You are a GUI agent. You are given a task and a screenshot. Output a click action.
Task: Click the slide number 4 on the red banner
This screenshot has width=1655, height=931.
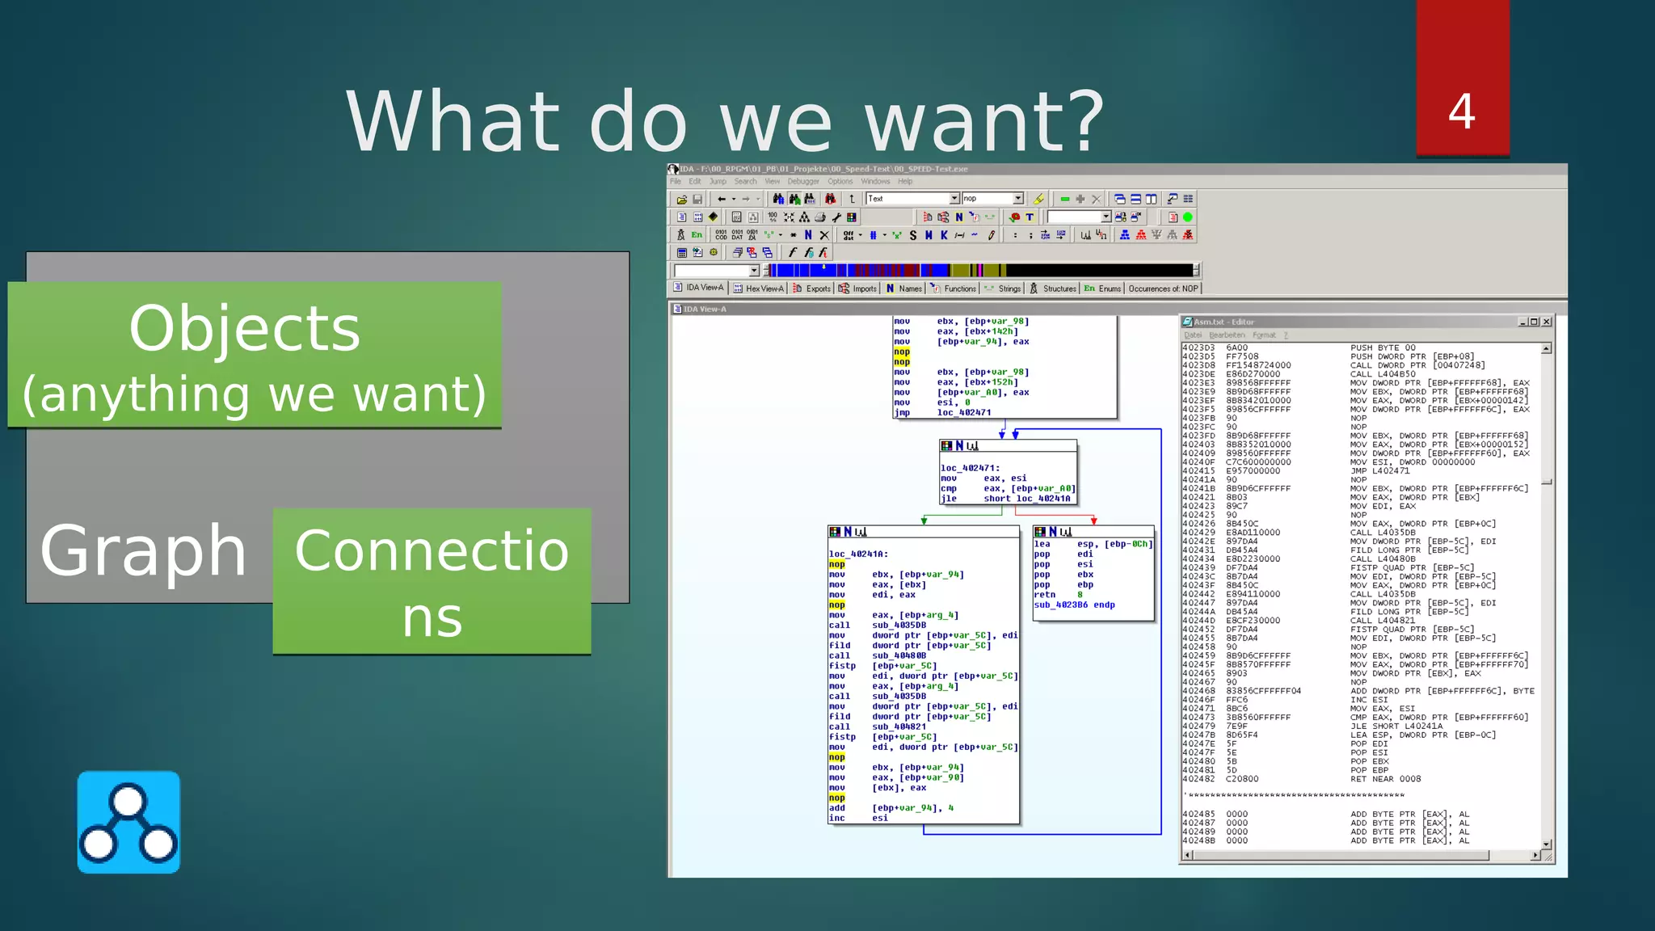tap(1462, 112)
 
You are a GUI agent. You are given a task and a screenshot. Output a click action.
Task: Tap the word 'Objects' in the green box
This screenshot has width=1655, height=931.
tap(244, 328)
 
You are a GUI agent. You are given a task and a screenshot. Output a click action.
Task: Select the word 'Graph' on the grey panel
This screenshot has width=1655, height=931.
tap(143, 550)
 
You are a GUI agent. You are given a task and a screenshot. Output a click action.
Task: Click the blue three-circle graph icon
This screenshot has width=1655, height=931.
tap(128, 822)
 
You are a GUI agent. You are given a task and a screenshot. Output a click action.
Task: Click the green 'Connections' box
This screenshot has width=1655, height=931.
tap(432, 581)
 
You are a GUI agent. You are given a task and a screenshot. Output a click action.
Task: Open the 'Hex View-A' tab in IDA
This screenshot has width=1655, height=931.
tap(759, 289)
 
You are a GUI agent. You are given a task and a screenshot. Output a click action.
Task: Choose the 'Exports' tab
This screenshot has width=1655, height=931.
tap(812, 289)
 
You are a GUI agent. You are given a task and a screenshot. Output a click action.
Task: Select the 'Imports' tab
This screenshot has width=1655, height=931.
tap(858, 289)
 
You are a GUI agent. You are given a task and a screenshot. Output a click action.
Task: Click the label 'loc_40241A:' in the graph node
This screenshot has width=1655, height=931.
tap(858, 554)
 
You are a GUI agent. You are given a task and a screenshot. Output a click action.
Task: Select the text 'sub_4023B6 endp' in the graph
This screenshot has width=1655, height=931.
tap(1074, 605)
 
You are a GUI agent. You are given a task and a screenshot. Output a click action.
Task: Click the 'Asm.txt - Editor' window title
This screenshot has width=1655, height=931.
tap(1223, 322)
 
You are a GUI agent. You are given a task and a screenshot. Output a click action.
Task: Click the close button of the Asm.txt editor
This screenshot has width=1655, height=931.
tap(1547, 322)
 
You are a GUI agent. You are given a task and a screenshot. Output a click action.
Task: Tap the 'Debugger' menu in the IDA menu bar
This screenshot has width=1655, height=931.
tap(803, 181)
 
